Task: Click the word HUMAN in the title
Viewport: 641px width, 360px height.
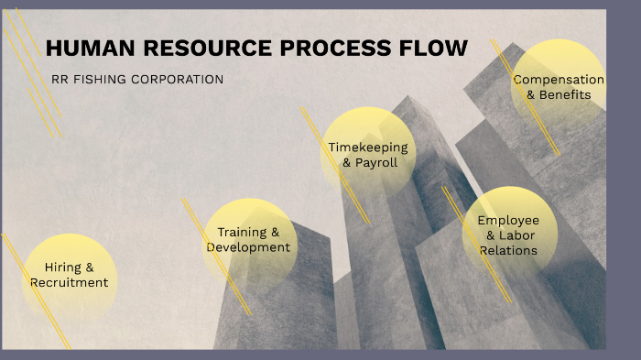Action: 91,48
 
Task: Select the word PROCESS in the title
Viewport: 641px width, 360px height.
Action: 336,48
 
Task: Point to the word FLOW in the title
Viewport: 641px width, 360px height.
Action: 433,48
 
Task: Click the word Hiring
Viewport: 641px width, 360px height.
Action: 63,267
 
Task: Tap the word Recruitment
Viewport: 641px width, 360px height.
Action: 70,283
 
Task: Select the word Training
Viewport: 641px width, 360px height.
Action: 242,233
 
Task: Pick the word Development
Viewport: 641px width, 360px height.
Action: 248,247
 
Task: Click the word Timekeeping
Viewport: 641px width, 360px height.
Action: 368,147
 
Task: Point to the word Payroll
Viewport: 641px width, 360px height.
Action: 376,163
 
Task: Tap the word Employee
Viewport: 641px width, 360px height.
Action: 508,221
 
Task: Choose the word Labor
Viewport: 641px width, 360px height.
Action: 516,235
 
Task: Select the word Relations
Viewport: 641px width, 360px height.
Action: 508,251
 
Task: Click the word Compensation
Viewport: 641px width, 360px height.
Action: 559,80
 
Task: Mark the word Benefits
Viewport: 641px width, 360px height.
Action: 565,95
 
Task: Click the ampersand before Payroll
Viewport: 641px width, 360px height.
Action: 347,163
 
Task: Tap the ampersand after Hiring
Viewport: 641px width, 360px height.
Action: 90,267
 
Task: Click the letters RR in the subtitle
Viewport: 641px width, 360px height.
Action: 60,80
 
